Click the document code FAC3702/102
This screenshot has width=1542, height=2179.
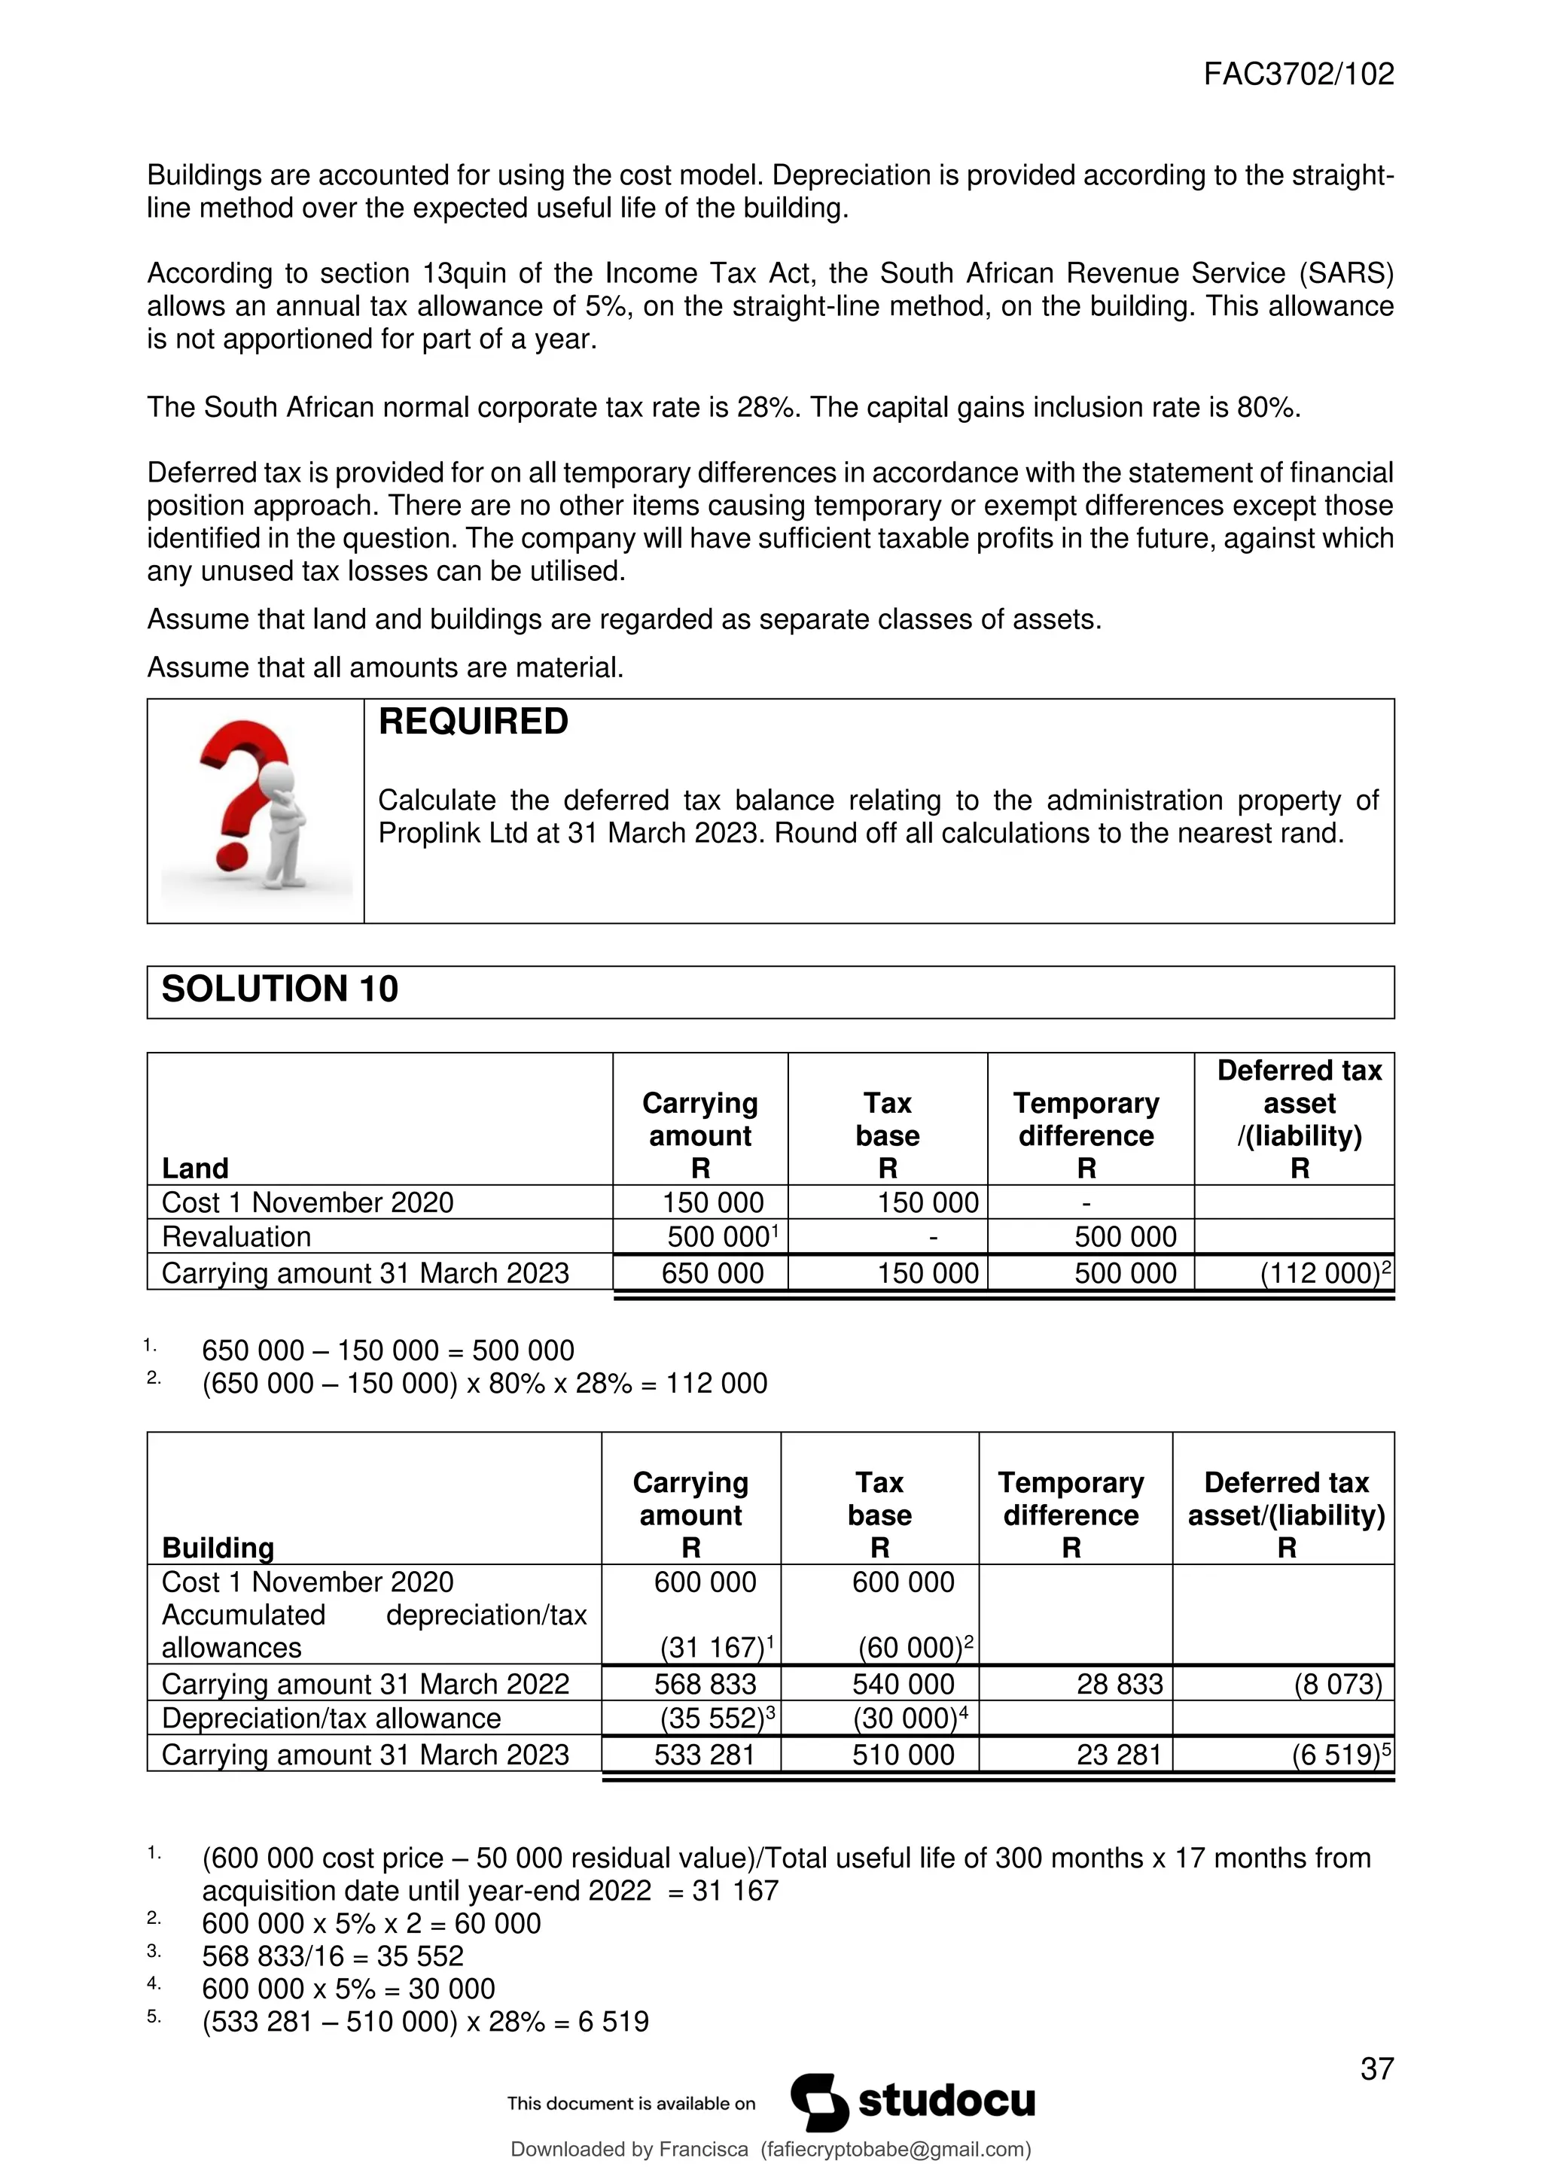1298,74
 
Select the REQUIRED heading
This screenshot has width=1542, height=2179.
473,722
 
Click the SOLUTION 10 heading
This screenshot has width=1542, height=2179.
280,989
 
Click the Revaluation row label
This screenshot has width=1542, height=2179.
236,1237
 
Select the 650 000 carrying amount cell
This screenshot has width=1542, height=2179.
712,1272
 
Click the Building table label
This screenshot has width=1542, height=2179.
218,1547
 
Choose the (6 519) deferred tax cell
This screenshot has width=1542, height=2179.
1335,1754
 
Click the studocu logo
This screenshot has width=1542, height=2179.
913,2102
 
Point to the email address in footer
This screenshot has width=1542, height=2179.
894,2150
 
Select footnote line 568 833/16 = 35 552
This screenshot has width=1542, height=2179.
332,1956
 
